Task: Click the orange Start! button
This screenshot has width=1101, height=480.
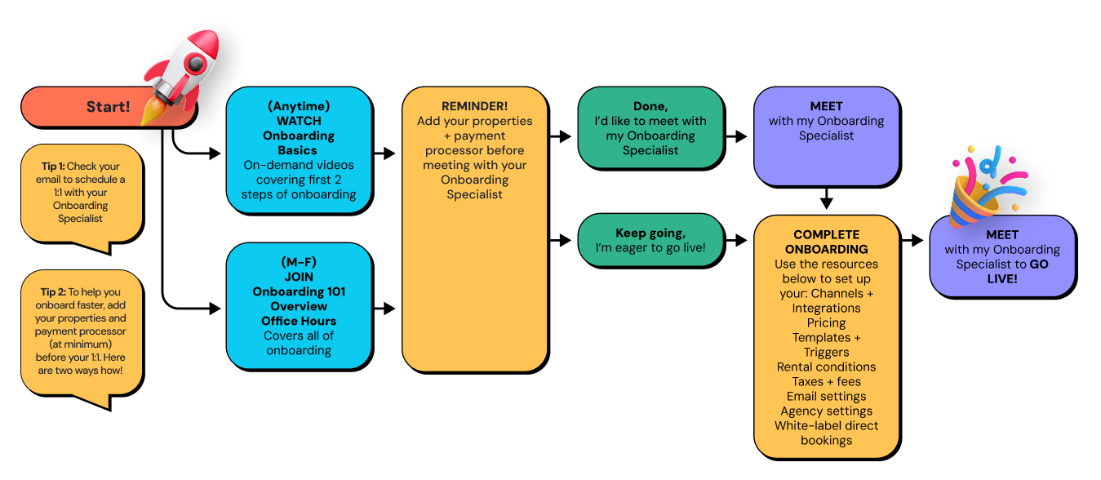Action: click(108, 107)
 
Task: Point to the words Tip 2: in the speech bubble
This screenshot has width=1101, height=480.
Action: click(53, 291)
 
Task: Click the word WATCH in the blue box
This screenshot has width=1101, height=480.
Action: click(299, 121)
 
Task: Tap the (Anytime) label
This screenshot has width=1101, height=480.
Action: click(299, 106)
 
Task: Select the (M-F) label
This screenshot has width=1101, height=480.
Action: click(299, 262)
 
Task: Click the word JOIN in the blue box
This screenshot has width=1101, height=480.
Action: click(299, 277)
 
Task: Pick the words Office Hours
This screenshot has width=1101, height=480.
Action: click(299, 321)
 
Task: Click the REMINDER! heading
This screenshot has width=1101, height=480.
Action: click(474, 106)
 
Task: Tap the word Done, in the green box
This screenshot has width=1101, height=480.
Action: click(650, 106)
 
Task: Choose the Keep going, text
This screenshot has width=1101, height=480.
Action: click(650, 233)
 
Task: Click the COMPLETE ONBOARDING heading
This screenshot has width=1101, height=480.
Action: click(826, 242)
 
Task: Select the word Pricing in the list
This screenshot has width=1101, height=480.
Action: click(826, 322)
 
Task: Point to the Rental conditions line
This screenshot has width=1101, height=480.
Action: click(826, 367)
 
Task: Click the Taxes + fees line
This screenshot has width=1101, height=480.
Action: click(826, 381)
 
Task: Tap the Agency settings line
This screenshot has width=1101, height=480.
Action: click(826, 411)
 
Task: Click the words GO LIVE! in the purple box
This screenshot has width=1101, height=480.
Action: click(1017, 272)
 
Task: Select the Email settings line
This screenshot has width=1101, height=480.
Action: click(826, 396)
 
